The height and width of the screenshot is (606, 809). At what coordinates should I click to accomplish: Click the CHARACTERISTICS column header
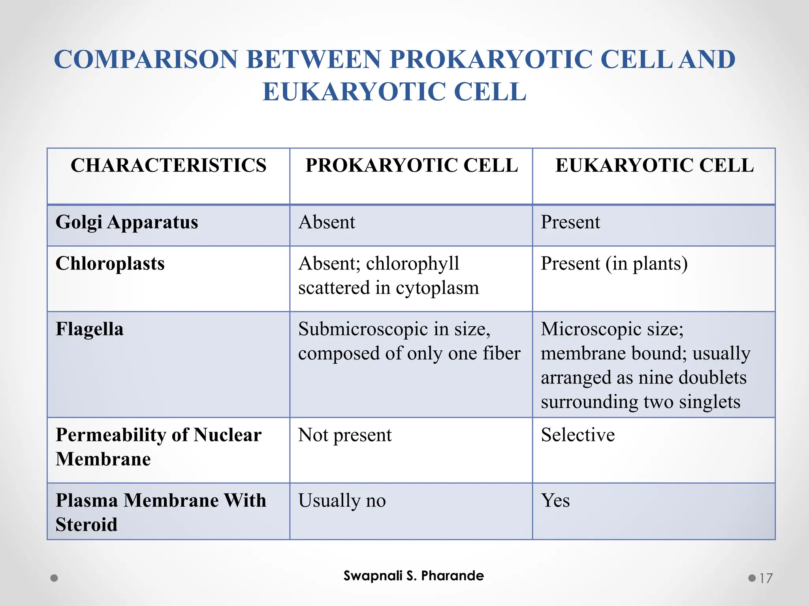click(168, 165)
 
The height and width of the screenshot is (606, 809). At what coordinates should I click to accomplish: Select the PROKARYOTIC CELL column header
click(411, 165)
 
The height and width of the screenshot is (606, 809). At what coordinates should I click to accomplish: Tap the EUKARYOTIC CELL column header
click(654, 165)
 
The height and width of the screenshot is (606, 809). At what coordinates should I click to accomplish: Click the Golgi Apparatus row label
click(127, 222)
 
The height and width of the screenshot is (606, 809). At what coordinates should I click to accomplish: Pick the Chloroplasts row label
click(110, 264)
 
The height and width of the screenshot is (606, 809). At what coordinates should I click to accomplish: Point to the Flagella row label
click(89, 329)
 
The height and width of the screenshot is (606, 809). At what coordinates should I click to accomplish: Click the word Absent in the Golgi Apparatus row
click(327, 222)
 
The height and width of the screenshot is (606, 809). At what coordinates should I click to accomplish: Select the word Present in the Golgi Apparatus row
click(570, 222)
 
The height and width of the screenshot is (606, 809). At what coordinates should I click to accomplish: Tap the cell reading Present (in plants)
click(614, 264)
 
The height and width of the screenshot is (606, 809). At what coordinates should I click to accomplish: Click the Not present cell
click(344, 435)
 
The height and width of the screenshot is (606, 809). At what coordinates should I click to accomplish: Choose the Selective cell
click(578, 435)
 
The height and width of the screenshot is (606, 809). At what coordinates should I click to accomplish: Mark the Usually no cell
click(342, 501)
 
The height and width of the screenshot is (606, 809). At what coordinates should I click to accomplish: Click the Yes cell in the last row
click(555, 501)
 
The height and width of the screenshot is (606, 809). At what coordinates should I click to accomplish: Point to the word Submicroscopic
click(363, 329)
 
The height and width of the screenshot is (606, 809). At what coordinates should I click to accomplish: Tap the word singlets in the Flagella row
click(709, 402)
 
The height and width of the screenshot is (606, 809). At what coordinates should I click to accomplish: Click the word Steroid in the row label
click(87, 525)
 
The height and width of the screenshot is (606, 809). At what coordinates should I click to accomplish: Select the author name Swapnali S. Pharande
click(413, 576)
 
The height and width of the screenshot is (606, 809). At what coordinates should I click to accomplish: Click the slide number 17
click(766, 578)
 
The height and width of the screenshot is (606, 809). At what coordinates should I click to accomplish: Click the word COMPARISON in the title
click(145, 60)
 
